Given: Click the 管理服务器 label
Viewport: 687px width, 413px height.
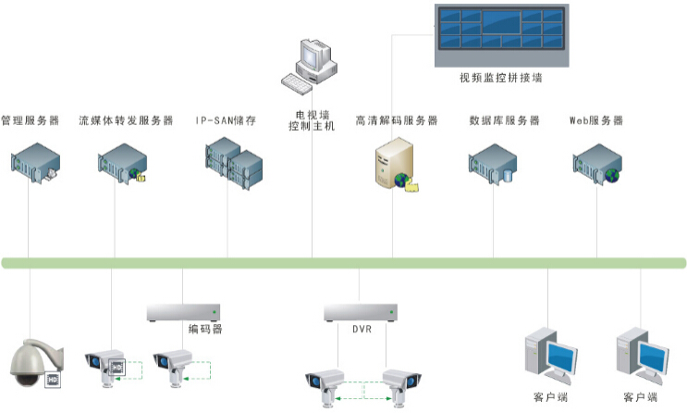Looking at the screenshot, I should (30, 120).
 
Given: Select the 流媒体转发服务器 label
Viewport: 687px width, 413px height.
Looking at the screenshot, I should (126, 120).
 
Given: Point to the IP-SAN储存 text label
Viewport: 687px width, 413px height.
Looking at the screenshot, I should (226, 120).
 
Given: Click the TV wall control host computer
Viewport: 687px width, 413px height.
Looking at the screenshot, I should (312, 65).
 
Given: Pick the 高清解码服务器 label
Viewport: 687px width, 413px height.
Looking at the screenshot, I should (397, 120).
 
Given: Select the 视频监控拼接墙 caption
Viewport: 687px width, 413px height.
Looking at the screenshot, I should (500, 78).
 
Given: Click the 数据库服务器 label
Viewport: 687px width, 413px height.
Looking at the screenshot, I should (504, 120).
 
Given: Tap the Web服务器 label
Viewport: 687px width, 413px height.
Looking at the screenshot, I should (595, 120).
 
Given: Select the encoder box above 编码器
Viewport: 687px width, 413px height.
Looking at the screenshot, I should (183, 312).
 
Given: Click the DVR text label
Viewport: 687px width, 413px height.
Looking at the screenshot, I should (361, 329).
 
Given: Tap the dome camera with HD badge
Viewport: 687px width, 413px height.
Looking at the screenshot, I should (35, 364).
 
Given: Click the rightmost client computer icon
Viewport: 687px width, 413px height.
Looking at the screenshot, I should (641, 356).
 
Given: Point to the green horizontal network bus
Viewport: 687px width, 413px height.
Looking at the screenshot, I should (343, 263).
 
